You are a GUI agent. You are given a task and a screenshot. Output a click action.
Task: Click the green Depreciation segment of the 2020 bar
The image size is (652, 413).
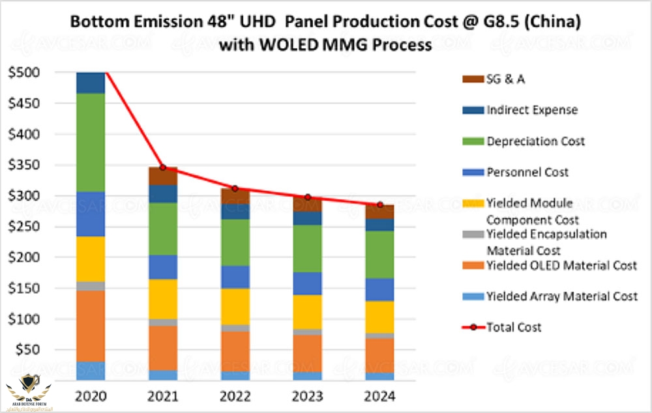click(x=91, y=142)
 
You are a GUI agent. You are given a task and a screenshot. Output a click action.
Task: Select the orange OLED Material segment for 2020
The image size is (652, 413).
click(x=91, y=326)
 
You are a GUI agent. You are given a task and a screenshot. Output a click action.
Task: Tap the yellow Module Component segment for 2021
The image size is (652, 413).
click(x=163, y=298)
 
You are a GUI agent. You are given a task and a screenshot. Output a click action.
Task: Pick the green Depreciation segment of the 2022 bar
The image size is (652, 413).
click(x=235, y=242)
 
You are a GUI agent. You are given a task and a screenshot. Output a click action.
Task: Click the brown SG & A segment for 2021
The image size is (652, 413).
click(x=163, y=176)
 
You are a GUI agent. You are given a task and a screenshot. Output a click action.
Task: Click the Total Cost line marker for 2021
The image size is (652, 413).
click(x=163, y=167)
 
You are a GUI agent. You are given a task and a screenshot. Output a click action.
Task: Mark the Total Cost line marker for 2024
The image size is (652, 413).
click(x=379, y=205)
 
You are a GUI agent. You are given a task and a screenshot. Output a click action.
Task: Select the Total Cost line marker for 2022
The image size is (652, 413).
click(x=235, y=188)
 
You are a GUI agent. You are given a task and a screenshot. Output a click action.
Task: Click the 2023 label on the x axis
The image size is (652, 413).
click(x=306, y=396)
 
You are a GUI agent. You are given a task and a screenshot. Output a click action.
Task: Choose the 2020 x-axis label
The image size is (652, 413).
click(x=91, y=396)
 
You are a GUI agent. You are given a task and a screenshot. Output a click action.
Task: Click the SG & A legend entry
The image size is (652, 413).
click(x=505, y=79)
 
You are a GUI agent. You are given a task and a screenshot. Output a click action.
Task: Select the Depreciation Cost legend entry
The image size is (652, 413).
click(x=535, y=141)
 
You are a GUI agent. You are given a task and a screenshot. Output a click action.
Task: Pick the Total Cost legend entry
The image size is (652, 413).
click(x=514, y=327)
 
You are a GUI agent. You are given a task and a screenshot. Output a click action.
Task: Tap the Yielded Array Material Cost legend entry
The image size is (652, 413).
click(x=561, y=296)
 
